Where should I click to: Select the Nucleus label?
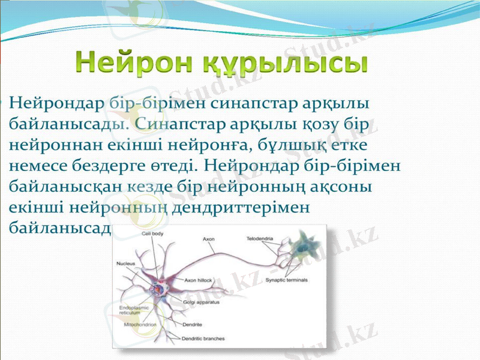(126, 263)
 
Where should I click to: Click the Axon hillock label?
(199, 280)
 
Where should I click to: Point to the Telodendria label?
(260, 239)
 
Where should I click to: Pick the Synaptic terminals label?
(287, 280)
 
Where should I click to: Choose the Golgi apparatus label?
(202, 302)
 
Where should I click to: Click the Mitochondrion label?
(140, 324)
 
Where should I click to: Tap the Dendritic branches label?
(203, 338)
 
